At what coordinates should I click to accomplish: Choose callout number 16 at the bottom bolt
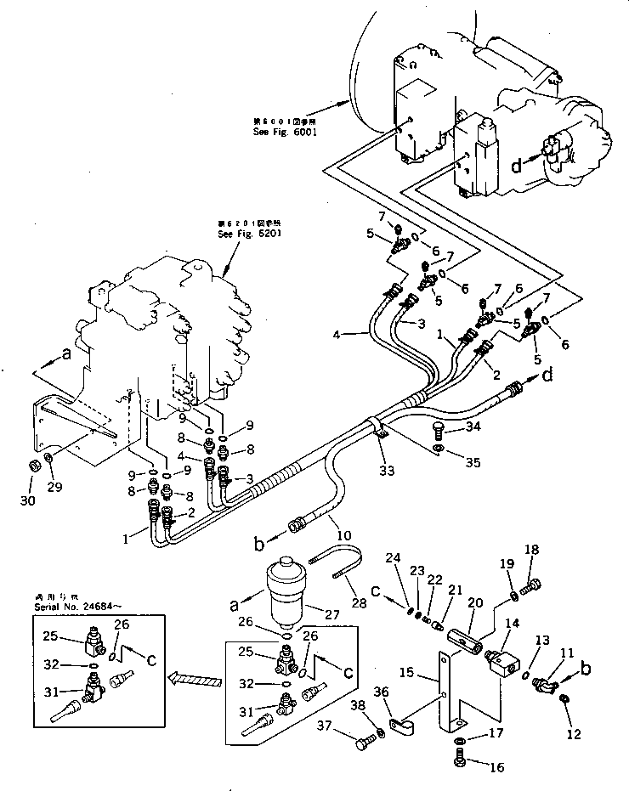496,767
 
